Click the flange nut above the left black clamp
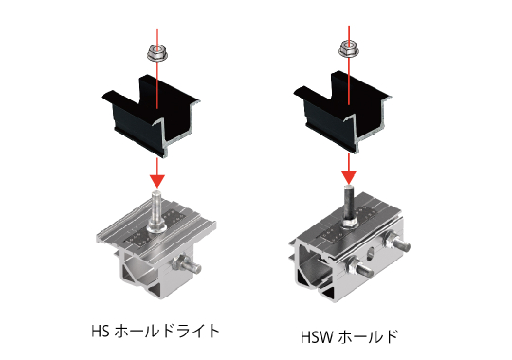(x=157, y=53)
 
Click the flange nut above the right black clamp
(x=349, y=48)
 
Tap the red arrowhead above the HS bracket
(x=157, y=181)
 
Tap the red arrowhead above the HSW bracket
(x=349, y=177)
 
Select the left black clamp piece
(x=150, y=116)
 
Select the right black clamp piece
(x=342, y=112)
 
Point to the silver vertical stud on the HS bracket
(x=157, y=207)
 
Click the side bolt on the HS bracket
(x=187, y=263)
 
